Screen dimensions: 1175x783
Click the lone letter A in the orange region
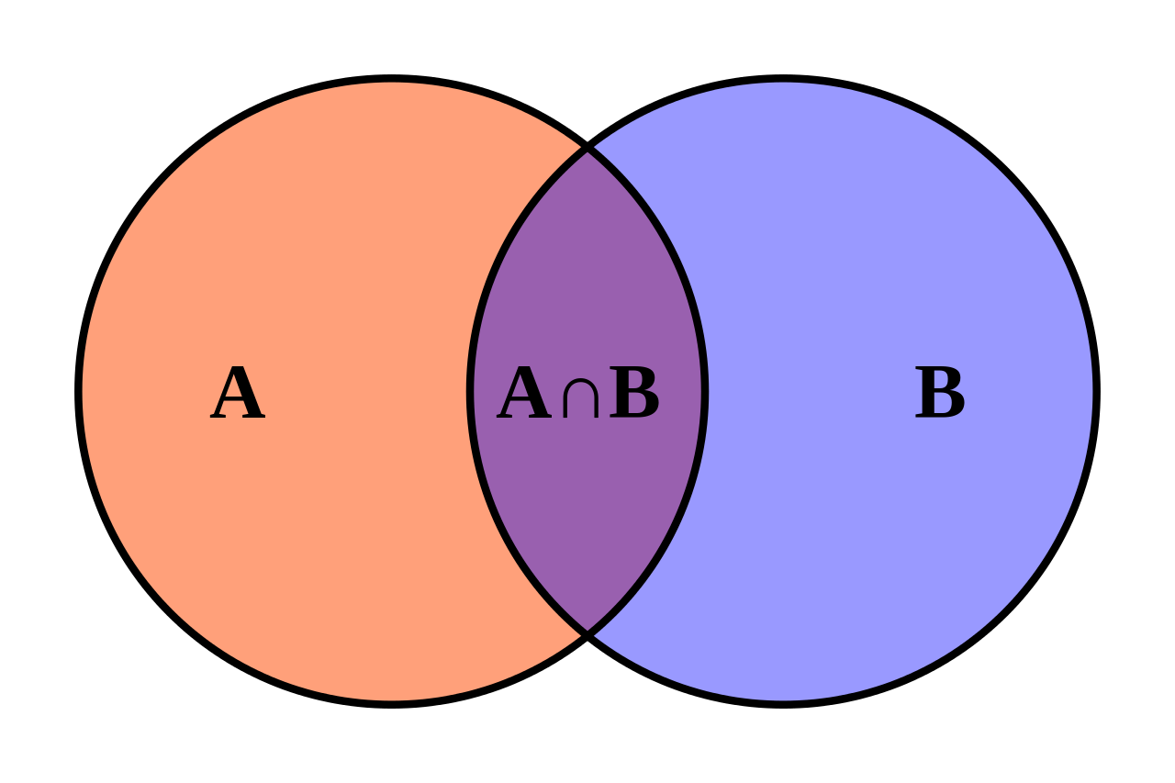pos(238,395)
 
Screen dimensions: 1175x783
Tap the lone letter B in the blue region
pos(940,395)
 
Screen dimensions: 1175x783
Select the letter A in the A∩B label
pos(524,395)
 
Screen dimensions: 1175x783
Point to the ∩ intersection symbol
pos(580,399)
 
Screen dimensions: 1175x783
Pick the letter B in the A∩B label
pos(634,395)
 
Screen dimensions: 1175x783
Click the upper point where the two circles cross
pos(587,148)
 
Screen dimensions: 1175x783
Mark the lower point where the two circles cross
pos(587,633)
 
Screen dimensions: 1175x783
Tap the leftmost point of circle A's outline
pos(79,392)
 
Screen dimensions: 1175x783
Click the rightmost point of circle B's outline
pos(1096,392)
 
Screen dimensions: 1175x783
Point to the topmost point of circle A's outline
pos(392,79)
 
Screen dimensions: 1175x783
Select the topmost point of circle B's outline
pos(783,79)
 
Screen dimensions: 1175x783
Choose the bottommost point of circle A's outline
pos(392,703)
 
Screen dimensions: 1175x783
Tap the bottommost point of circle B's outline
pos(783,703)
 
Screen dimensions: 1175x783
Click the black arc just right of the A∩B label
pos(703,392)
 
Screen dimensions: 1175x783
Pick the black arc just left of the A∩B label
pos(471,392)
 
